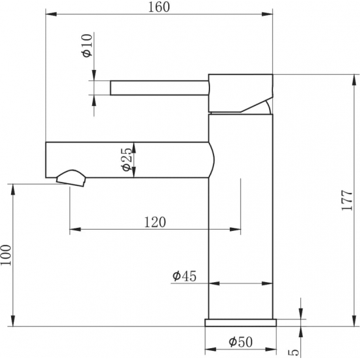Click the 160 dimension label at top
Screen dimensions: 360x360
[x=159, y=7]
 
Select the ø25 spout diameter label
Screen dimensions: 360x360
[x=127, y=160]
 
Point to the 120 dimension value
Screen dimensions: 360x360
[x=154, y=222]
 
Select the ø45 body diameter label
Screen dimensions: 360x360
[x=185, y=276]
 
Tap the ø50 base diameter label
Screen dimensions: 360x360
[x=241, y=342]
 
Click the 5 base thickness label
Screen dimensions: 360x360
[x=293, y=351]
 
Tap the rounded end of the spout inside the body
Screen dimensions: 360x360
[x=211, y=160]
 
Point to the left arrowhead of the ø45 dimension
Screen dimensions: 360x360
[x=211, y=284]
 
